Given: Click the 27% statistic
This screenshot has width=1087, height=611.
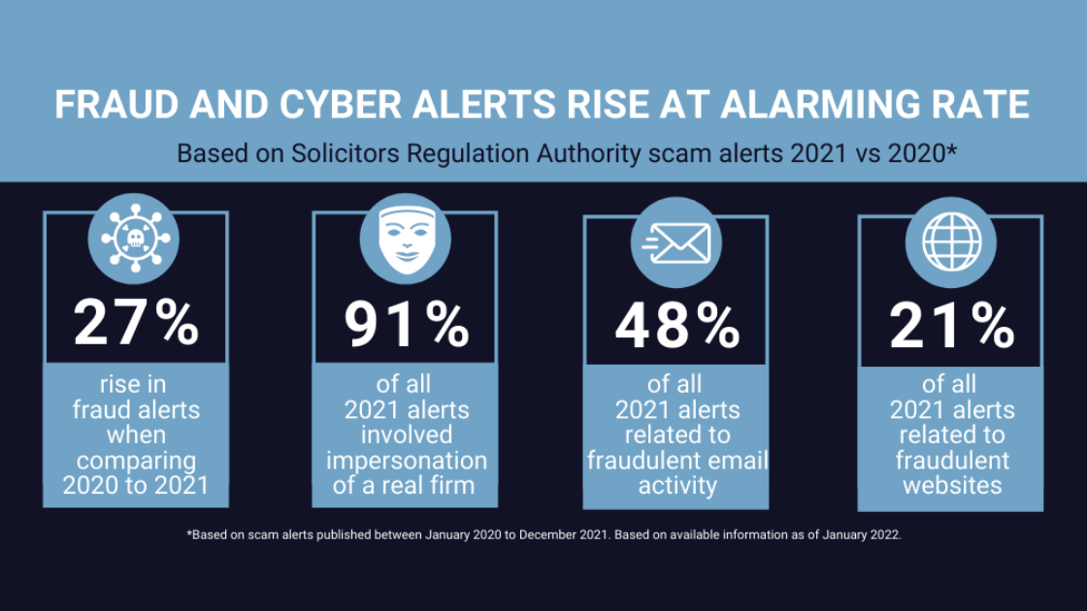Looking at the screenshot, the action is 136,323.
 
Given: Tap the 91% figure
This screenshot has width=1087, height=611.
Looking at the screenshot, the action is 407,324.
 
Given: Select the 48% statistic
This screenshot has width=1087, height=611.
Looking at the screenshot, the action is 677,326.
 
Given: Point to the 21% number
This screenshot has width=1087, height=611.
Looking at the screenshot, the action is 952,326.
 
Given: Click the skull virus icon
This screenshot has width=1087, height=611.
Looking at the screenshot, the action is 135,239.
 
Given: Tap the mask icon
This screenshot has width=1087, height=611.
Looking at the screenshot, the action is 407,240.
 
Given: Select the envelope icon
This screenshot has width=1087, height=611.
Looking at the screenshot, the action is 675,243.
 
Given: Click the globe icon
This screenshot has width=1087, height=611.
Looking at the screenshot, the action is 951,241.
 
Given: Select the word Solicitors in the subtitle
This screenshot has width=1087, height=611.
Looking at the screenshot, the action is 345,153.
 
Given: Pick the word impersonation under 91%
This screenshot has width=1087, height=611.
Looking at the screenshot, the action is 407,462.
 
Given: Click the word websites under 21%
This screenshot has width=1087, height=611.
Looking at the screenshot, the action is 952,485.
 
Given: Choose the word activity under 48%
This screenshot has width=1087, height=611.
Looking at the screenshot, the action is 677,486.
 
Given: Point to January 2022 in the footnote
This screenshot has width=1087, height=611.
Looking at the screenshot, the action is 862,534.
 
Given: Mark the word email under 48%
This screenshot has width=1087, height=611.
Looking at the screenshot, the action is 737,460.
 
